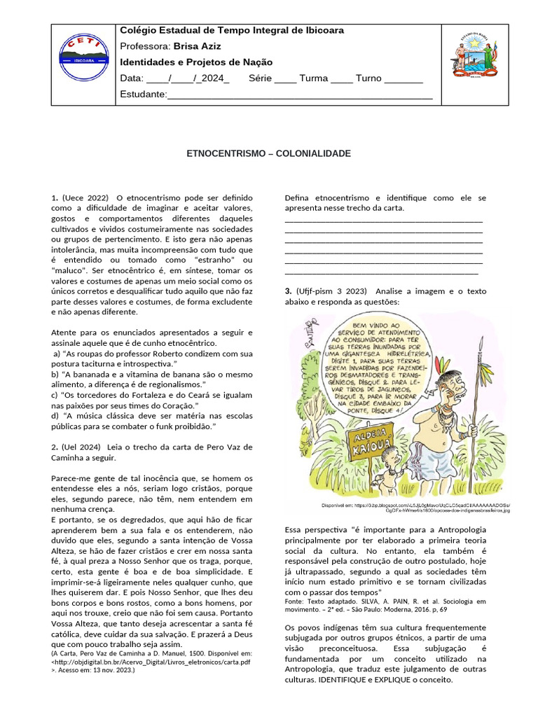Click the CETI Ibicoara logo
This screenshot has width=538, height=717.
tap(83, 53)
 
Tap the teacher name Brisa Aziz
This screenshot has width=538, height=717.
tap(197, 46)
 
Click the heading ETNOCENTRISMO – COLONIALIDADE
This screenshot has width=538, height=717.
tap(268, 153)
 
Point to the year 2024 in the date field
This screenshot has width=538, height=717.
tap(214, 78)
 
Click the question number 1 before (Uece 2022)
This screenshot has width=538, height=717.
tap(54, 198)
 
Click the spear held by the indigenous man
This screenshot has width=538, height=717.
tap(477, 420)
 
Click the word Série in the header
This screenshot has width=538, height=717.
tap(260, 78)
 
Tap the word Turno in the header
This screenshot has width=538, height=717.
tap(368, 78)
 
